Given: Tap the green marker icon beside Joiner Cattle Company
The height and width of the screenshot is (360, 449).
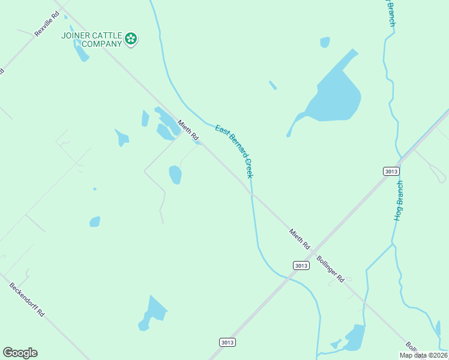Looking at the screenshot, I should click(131, 40).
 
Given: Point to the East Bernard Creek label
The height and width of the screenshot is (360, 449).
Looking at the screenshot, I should click(234, 151).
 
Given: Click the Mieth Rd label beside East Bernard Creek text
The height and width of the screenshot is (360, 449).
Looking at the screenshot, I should click(188, 131).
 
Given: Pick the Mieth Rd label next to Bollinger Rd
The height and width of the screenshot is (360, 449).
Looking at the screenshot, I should click(299, 238).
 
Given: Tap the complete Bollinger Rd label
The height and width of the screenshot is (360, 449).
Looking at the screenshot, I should click(330, 270).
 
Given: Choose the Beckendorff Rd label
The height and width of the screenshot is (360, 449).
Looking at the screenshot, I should click(27, 299).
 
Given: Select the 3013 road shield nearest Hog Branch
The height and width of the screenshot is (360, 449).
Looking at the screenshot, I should click(391, 171).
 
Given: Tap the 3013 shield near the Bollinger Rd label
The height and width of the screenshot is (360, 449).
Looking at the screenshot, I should click(301, 265).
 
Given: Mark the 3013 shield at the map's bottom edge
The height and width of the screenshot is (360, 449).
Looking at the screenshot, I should click(227, 342).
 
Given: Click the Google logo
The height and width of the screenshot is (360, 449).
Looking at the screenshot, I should click(20, 353).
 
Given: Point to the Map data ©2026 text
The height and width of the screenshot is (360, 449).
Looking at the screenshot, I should click(424, 355).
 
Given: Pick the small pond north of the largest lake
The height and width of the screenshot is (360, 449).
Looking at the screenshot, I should click(325, 42).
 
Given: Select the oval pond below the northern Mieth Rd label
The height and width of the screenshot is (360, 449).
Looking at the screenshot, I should click(175, 175).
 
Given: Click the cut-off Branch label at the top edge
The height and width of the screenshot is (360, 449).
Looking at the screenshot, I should click(391, 12).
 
